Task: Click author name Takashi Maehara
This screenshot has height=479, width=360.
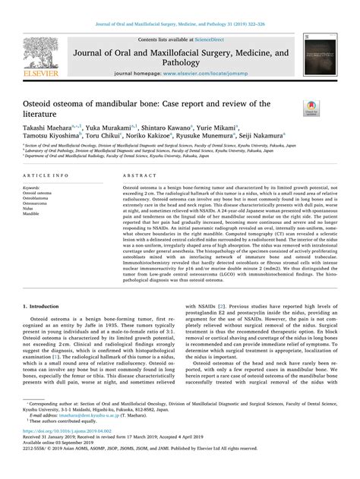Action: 45,130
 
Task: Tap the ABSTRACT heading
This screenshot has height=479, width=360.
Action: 137,174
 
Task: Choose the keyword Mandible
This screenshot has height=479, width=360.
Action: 33,214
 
